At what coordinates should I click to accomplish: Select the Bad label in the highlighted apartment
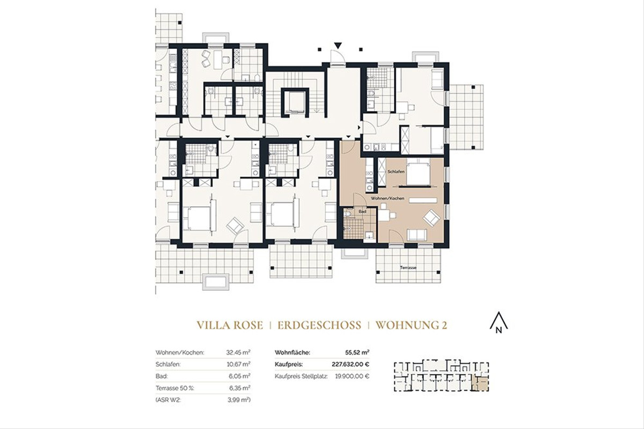tap(362, 211)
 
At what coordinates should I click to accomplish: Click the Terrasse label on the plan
tap(408, 267)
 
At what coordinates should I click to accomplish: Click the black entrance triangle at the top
tap(338, 46)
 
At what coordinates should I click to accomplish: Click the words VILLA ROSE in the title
tap(230, 324)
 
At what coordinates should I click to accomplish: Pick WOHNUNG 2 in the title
tap(412, 324)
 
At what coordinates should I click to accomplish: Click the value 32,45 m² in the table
tap(239, 353)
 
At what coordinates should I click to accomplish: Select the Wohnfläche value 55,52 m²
tap(357, 353)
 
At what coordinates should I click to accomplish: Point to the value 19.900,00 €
tap(352, 376)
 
